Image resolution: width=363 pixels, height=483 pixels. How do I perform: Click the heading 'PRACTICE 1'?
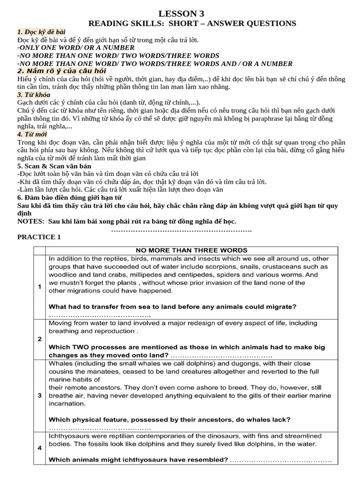tap(39, 237)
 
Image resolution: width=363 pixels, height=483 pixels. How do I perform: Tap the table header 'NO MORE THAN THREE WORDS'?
tap(191, 250)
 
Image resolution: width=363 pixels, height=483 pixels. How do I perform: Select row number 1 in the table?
tap(39, 286)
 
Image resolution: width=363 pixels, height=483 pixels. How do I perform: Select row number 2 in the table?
tap(39, 339)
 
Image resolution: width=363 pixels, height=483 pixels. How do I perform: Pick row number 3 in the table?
tap(39, 395)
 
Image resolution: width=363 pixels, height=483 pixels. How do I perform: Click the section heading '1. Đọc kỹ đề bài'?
tap(42, 32)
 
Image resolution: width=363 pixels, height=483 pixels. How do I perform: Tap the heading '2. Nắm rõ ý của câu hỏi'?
tap(61, 71)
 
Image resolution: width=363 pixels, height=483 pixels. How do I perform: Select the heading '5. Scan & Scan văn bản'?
tap(54, 166)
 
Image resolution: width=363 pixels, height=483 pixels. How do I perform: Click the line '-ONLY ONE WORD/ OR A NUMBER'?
tap(76, 48)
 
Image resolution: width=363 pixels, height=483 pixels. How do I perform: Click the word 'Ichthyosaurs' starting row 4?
tap(68, 436)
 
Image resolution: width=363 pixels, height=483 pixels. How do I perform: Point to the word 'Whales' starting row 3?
tap(60, 364)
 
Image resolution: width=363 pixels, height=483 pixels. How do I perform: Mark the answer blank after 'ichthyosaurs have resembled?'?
tap(281, 460)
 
